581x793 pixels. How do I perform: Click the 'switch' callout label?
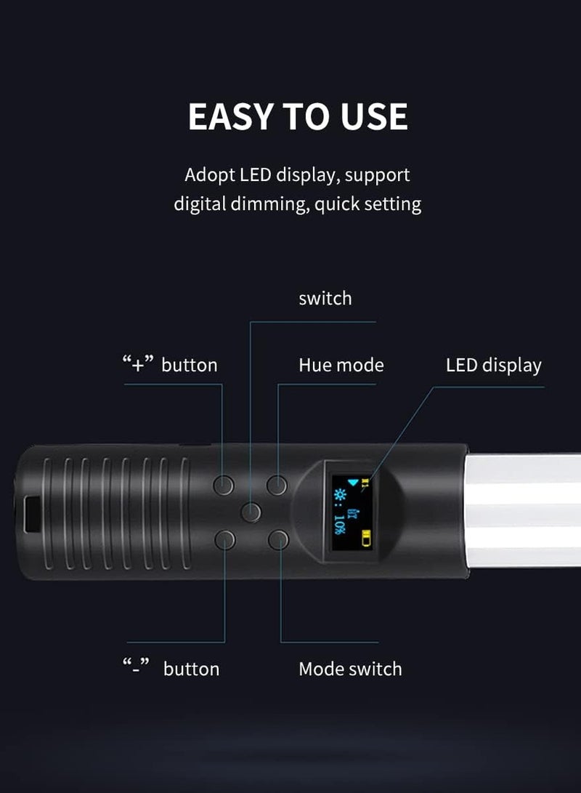click(x=325, y=299)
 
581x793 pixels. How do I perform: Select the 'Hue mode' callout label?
click(x=341, y=365)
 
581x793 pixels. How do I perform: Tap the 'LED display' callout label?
click(x=493, y=365)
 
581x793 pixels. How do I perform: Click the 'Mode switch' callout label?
click(x=350, y=669)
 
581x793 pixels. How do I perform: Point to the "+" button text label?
click(x=169, y=365)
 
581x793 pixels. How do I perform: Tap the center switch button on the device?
click(x=251, y=512)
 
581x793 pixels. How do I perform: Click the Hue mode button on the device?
click(x=277, y=484)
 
